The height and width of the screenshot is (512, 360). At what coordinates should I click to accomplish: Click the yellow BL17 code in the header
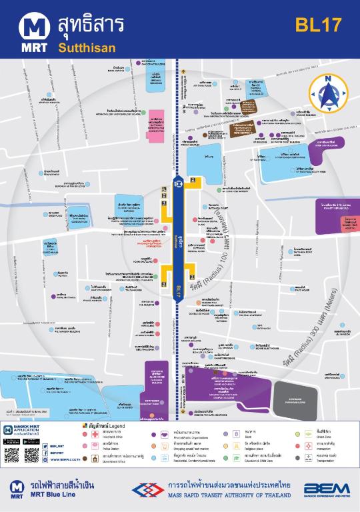pos(319,25)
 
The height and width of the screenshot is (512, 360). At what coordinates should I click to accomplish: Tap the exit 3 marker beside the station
pos(192,269)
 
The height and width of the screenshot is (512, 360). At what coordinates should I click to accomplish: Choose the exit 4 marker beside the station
pos(165,269)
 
